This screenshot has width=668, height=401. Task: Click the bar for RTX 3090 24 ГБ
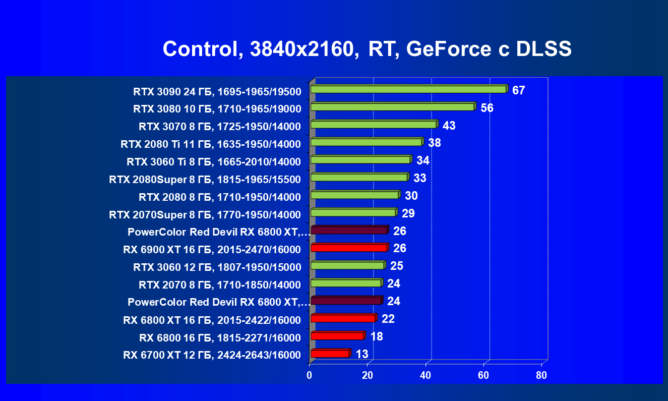(408, 89)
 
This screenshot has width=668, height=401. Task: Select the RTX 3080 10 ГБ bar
(392, 107)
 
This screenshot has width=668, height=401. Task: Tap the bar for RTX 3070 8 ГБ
(374, 125)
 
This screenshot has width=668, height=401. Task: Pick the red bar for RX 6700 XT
(330, 354)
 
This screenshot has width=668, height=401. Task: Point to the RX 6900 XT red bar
(349, 248)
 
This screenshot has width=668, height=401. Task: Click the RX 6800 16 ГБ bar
(337, 336)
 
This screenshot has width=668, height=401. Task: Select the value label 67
(519, 91)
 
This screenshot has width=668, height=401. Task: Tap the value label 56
(487, 108)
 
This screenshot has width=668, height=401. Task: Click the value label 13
(362, 354)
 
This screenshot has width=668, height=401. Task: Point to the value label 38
(435, 143)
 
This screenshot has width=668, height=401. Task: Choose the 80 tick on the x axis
(541, 376)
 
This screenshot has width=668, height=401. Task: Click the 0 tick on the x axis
(310, 376)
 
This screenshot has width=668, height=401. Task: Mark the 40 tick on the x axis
(426, 376)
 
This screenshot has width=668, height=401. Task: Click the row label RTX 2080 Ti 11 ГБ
(211, 145)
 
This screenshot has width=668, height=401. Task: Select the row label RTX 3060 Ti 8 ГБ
(214, 162)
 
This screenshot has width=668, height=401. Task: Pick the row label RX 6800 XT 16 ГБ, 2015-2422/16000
(212, 320)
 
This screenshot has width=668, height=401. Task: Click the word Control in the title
(197, 49)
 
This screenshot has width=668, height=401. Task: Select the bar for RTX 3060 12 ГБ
(347, 265)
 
